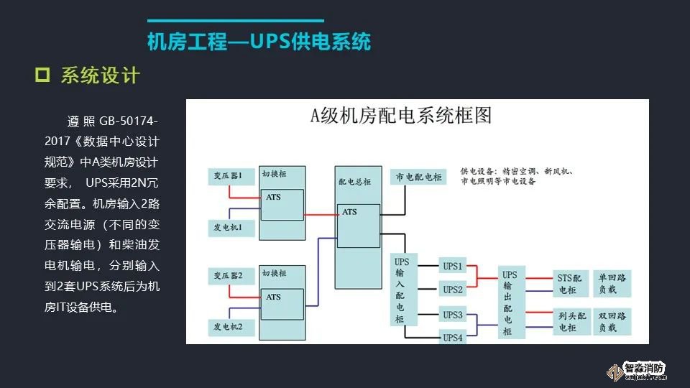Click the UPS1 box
(453, 264)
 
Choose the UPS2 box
(453, 290)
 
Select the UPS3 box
(453, 315)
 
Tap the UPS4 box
(453, 338)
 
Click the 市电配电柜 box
(418, 177)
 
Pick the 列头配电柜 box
(571, 321)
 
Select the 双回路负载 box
(611, 321)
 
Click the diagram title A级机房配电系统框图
(400, 116)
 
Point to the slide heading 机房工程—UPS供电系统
(259, 42)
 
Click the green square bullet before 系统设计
(42, 75)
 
